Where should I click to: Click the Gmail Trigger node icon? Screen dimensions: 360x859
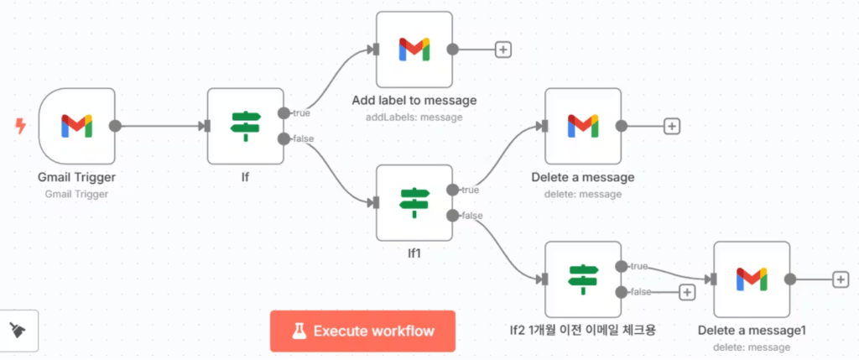point(76,126)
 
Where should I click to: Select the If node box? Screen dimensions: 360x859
point(245,126)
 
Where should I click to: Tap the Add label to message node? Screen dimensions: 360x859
point(414,49)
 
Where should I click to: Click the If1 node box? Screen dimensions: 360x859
point(414,202)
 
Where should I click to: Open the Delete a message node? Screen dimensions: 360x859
point(583,126)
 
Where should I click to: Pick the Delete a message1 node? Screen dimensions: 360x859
point(752,279)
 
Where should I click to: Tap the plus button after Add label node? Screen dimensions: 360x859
point(503,49)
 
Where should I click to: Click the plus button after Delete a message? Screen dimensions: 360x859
point(671,126)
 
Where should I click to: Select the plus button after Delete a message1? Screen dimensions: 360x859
point(841,279)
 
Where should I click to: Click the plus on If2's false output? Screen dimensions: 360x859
point(687,292)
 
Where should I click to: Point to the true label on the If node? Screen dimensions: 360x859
point(299,113)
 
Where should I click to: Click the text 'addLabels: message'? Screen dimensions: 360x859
point(414,117)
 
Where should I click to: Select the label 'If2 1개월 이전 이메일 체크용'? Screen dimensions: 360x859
point(582,329)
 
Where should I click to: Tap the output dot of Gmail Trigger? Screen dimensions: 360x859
point(116,126)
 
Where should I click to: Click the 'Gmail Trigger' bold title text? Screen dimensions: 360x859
point(76,178)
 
